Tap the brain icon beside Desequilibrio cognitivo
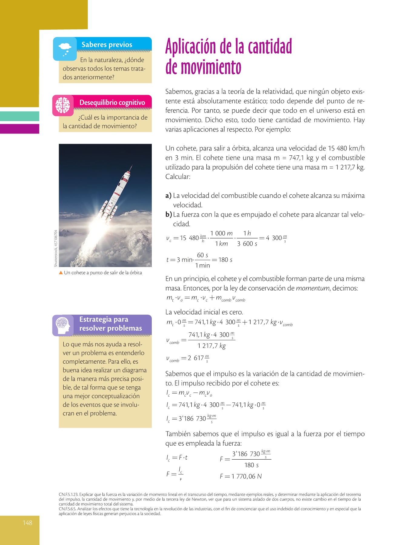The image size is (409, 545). click(x=63, y=105)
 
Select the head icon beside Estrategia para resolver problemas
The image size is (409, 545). click(x=63, y=325)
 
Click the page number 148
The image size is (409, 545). click(x=27, y=523)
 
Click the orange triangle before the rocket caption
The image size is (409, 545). click(x=61, y=272)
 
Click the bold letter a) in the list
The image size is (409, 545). click(x=168, y=196)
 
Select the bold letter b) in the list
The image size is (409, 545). click(x=169, y=215)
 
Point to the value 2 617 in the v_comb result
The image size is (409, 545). click(x=195, y=358)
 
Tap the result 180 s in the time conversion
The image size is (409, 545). click(x=225, y=260)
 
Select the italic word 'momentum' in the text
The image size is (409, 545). click(x=313, y=288)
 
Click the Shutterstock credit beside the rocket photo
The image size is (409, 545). click(x=56, y=248)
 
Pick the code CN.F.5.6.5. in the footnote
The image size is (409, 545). click(x=68, y=509)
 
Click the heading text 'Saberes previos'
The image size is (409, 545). click(x=107, y=45)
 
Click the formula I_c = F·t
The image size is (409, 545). click(x=177, y=458)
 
